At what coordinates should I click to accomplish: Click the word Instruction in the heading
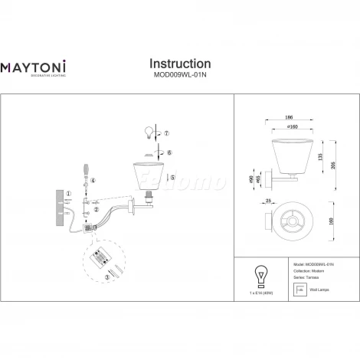179,63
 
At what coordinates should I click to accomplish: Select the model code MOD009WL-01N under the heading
179,74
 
